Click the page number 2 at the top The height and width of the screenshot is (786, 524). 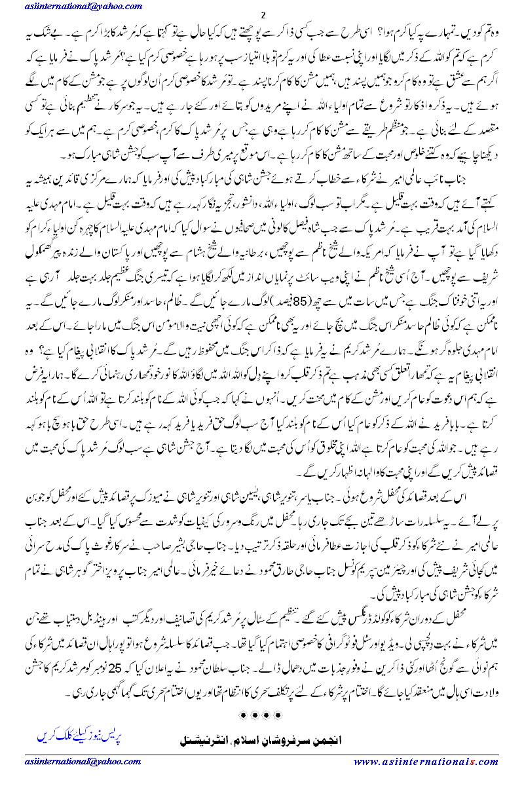(262, 16)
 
